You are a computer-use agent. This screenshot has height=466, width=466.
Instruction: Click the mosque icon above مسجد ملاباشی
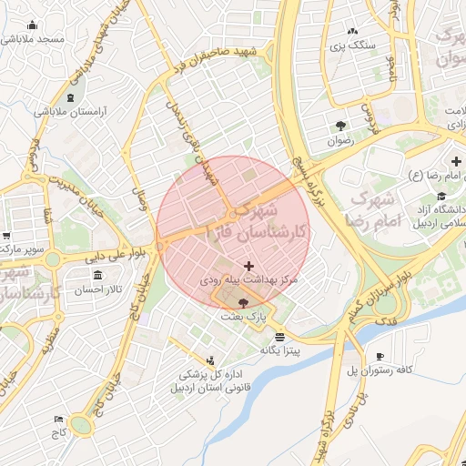pos(33,25)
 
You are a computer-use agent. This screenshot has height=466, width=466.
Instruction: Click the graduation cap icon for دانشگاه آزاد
pos(441,196)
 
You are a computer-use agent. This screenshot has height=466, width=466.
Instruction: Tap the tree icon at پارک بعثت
pos(243,303)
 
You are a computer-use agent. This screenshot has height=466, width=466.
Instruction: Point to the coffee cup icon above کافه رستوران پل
pos(380,355)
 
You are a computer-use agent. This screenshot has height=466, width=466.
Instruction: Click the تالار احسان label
pos(96,289)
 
